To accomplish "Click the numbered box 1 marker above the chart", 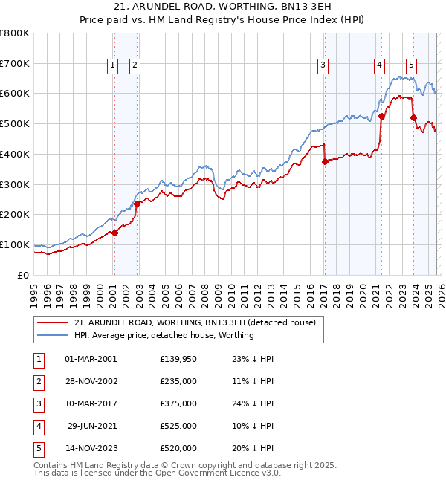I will (x=112, y=65).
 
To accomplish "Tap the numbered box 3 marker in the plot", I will (x=323, y=65).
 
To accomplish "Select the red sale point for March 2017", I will (x=325, y=161).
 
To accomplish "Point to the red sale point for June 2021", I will (x=381, y=116).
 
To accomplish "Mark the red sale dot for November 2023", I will (x=413, y=117).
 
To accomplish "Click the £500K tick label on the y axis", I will (x=14, y=124).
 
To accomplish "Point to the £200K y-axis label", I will (x=14, y=215).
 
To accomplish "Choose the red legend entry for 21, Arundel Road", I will (x=195, y=322).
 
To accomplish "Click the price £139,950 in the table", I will (x=178, y=359).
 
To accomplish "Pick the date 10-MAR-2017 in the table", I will (x=91, y=403).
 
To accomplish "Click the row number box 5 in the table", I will (x=37, y=448).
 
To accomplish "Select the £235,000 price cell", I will (x=178, y=381).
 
